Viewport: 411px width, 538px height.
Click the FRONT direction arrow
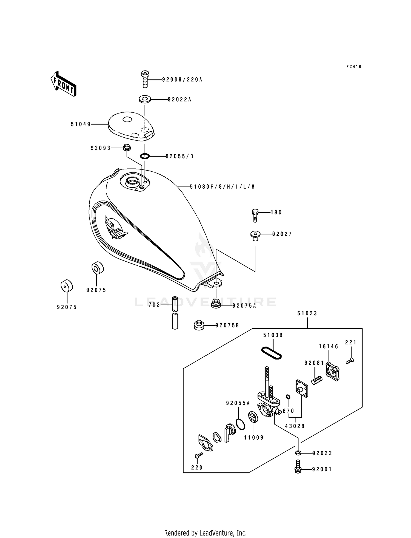63,84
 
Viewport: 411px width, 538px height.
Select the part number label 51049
81,124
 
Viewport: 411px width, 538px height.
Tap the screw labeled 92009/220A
145,79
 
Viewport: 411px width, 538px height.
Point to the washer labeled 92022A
145,99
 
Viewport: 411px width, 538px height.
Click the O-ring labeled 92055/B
145,156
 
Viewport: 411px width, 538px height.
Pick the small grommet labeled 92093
126,147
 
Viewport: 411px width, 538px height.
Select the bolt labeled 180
255,215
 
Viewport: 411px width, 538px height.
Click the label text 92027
282,234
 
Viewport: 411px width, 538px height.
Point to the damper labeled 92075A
216,304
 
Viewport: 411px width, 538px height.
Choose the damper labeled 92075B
198,325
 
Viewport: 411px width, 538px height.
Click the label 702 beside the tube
154,305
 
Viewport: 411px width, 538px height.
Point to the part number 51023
307,313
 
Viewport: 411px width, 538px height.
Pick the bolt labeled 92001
298,469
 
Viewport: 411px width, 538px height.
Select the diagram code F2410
354,67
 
